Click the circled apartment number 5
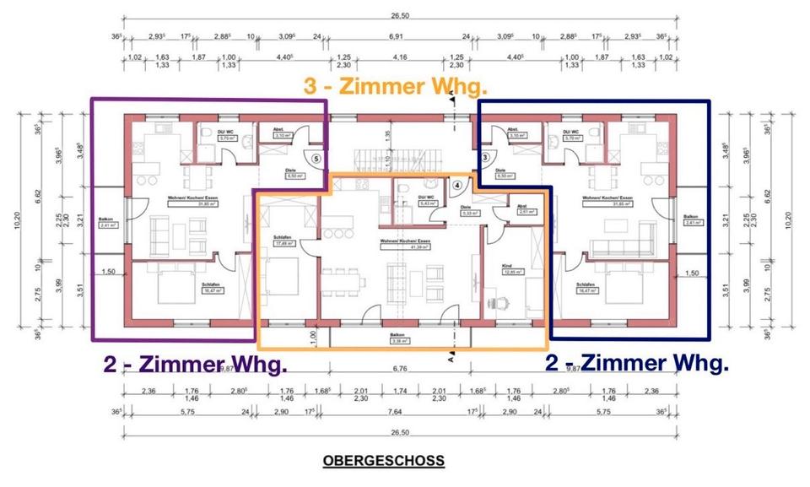click(316, 158)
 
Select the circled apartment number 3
click(485, 158)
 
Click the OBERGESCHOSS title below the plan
click(382, 461)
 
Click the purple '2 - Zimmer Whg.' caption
click(195, 365)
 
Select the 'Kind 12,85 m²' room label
click(510, 270)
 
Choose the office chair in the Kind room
click(504, 299)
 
